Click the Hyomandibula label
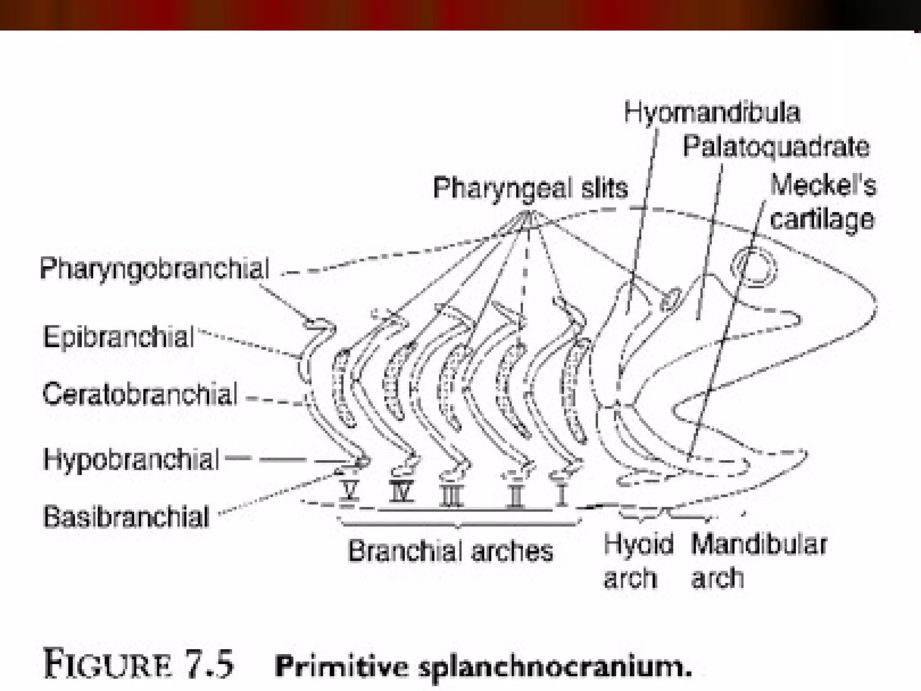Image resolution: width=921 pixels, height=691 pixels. (x=712, y=112)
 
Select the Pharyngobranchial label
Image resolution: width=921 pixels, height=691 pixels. (x=155, y=269)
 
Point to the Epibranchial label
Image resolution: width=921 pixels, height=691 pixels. (x=119, y=337)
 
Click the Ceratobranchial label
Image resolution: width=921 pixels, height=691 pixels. (x=140, y=394)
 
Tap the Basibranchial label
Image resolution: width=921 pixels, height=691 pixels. (x=126, y=516)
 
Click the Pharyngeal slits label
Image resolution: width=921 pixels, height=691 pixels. (x=531, y=188)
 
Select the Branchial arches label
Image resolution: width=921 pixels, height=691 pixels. (x=451, y=551)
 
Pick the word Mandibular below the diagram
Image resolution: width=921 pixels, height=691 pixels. (x=759, y=544)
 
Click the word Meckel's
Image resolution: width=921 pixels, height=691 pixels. (x=823, y=185)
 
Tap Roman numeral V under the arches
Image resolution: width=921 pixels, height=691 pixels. (x=349, y=491)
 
